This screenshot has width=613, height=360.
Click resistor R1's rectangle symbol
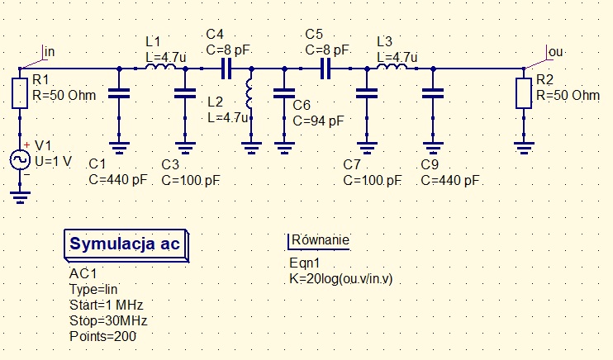tap(20, 93)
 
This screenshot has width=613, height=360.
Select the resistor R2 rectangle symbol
tap(523, 93)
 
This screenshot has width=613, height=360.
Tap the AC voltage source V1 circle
tap(21, 159)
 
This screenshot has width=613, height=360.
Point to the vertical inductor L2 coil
tap(250, 95)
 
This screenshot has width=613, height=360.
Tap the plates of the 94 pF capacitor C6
tap(283, 93)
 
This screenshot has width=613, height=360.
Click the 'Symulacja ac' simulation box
tap(126, 244)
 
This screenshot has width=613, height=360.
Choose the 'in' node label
tap(49, 52)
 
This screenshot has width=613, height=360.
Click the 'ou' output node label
tap(555, 52)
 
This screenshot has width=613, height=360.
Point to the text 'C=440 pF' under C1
tap(118, 178)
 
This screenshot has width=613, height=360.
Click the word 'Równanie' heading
tap(319, 240)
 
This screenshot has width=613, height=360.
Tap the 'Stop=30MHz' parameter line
tap(108, 320)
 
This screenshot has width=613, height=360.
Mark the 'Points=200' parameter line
tap(103, 336)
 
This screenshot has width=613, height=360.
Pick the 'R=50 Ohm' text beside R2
tap(568, 95)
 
